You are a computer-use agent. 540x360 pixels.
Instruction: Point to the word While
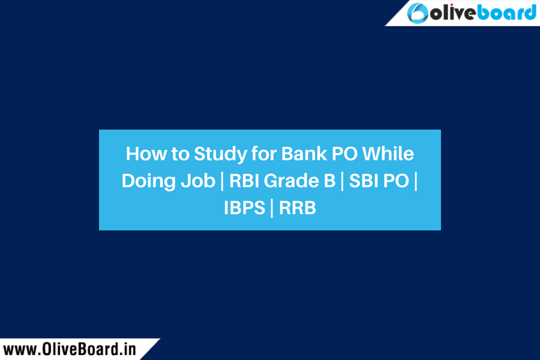tap(388, 154)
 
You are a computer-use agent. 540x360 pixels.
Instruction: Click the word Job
tap(198, 181)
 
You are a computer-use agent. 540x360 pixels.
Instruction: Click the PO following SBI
tap(396, 181)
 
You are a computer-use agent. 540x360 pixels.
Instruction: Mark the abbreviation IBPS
tap(245, 208)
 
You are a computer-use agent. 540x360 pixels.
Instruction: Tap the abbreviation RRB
tap(297, 208)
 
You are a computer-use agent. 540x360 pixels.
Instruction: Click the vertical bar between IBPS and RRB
tap(272, 208)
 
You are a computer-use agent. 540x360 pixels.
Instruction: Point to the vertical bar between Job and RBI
tap(222, 181)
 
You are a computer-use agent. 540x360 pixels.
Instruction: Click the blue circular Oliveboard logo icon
tap(418, 13)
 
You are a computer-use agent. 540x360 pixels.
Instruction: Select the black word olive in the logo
tap(454, 13)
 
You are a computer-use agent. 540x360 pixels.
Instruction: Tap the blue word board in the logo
tap(507, 13)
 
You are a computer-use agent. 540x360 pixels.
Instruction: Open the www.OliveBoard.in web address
tap(70, 349)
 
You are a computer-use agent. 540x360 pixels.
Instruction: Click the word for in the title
tap(263, 154)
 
